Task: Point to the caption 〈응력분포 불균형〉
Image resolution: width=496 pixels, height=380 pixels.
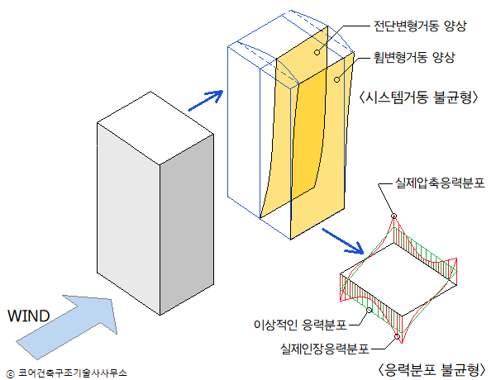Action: (431, 368)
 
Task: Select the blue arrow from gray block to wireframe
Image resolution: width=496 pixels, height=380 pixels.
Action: (207, 100)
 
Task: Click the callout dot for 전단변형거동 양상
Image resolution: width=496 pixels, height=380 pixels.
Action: (317, 51)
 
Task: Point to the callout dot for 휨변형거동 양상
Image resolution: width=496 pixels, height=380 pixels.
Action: (337, 81)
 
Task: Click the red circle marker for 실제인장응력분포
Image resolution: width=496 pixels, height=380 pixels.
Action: (398, 335)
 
